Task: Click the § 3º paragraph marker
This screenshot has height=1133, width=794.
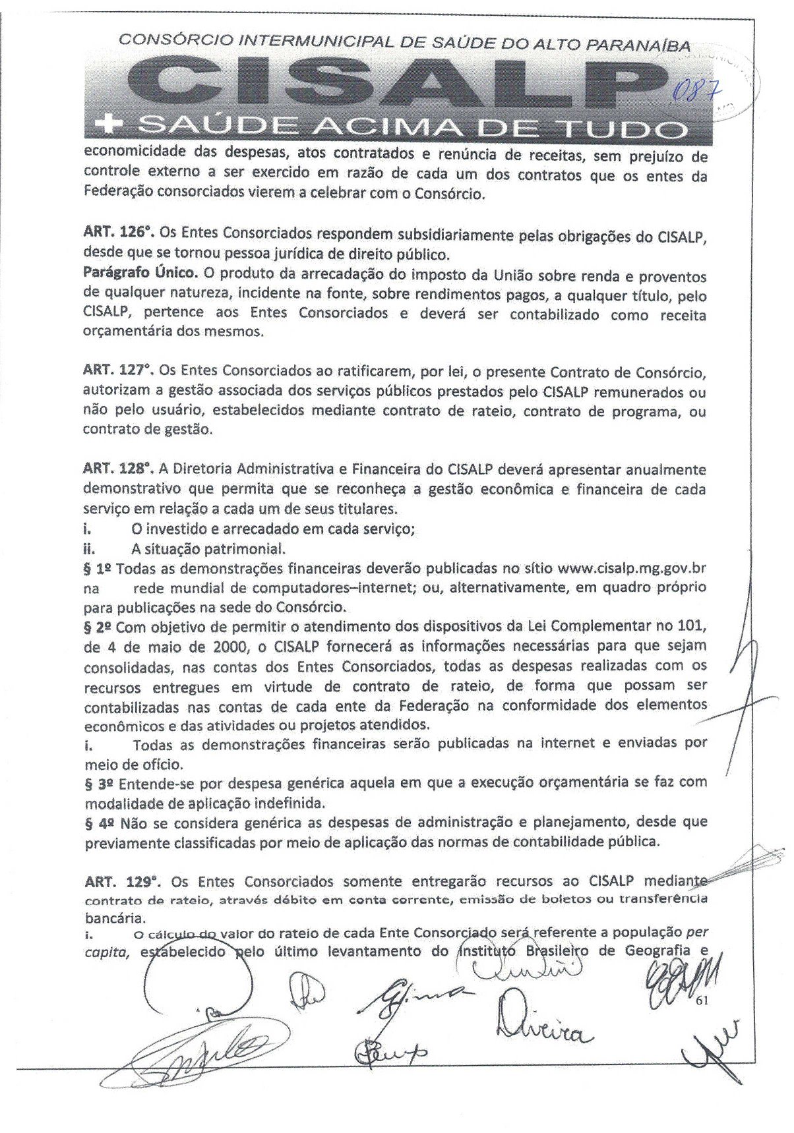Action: click(97, 782)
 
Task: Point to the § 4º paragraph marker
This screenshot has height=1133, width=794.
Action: click(97, 822)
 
